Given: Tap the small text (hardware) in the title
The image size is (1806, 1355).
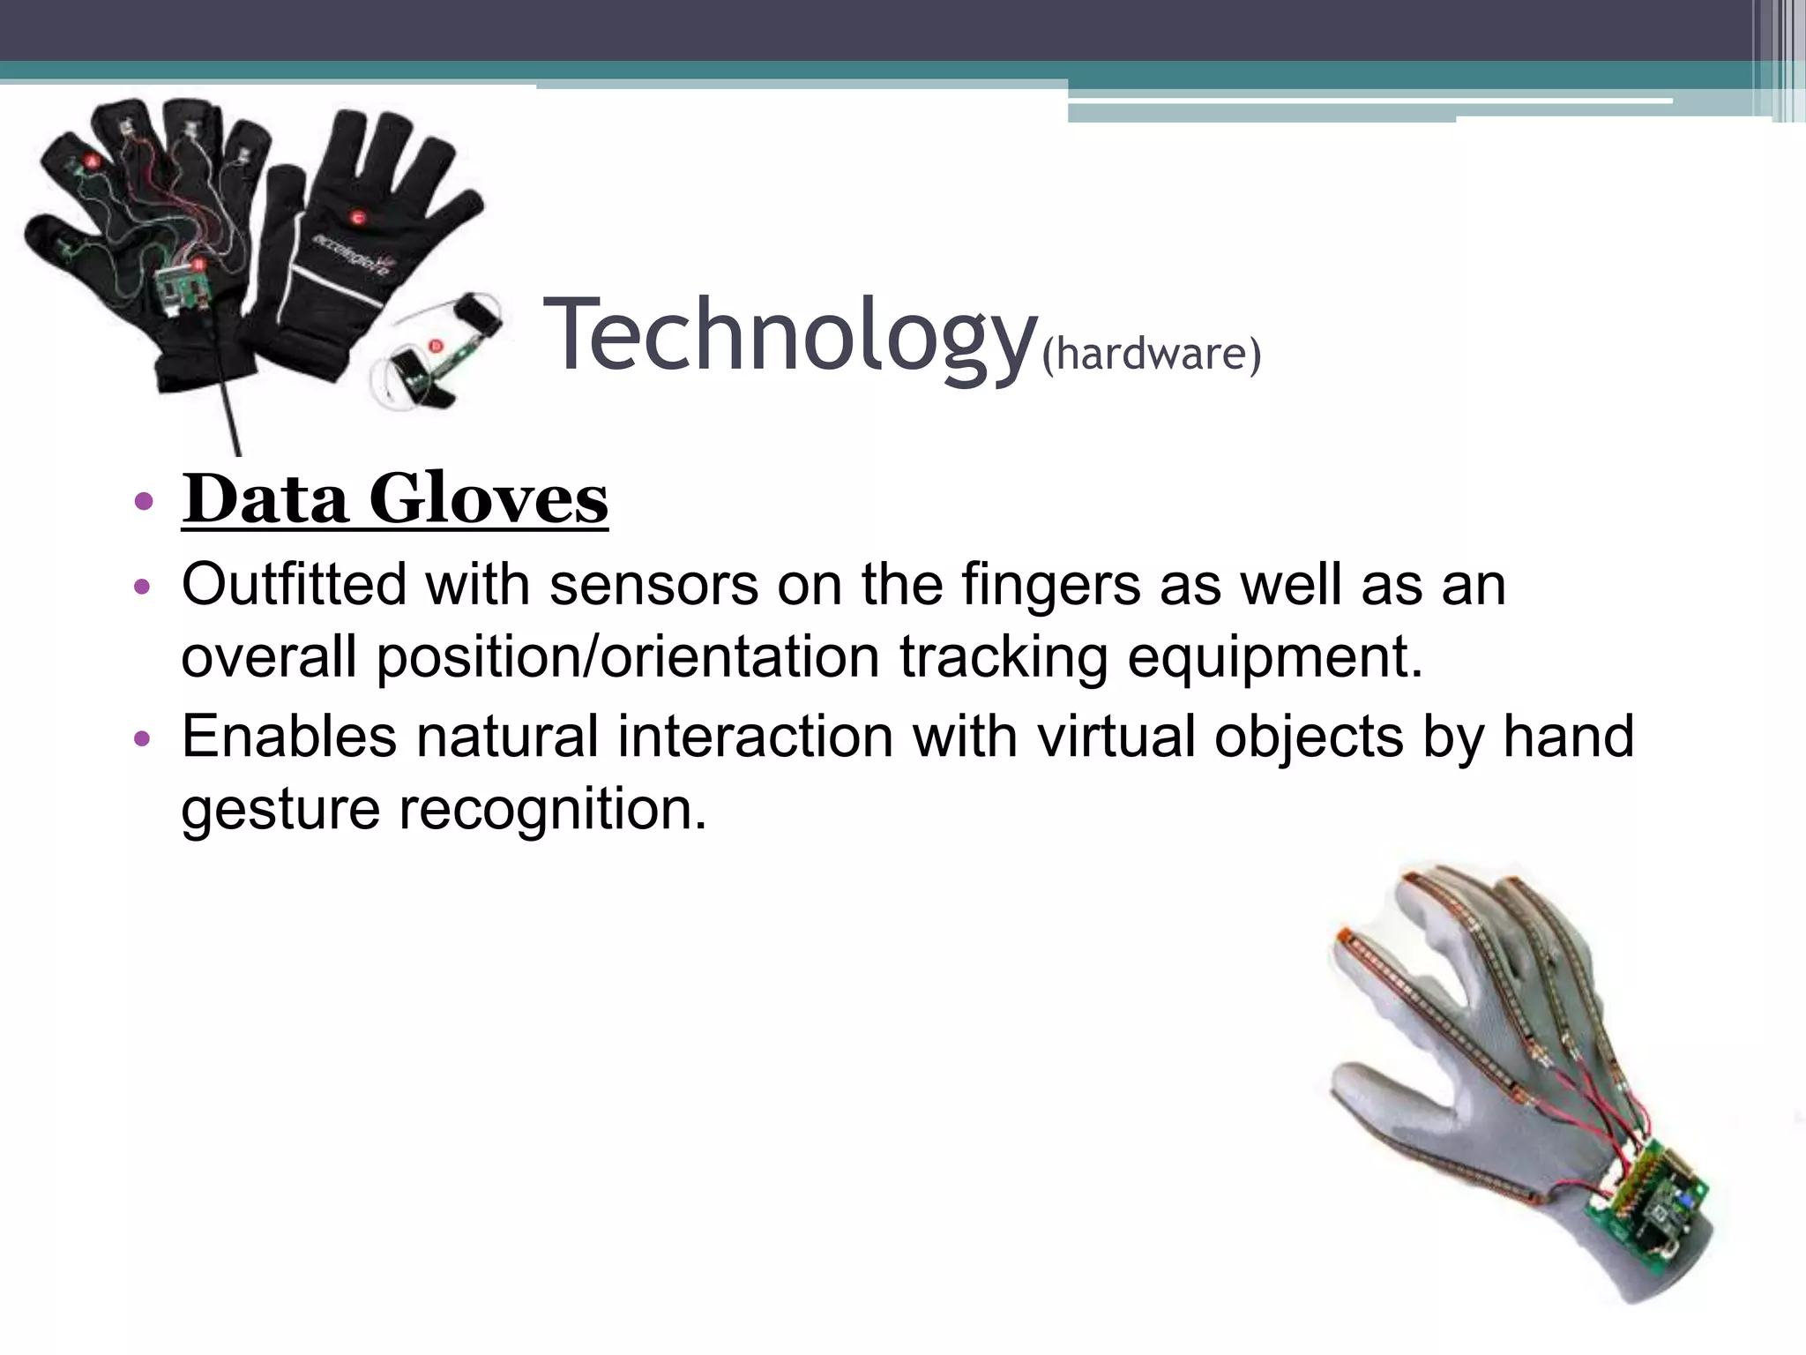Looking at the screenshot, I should tap(1152, 354).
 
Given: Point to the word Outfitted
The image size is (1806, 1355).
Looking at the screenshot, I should tap(294, 584).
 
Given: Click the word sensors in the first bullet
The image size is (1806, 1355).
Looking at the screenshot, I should tap(653, 584).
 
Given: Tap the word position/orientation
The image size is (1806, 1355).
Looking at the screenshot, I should tap(628, 658).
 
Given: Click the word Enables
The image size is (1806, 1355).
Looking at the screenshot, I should tap(289, 736).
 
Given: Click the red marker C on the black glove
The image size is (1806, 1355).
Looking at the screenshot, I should tap(358, 216).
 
